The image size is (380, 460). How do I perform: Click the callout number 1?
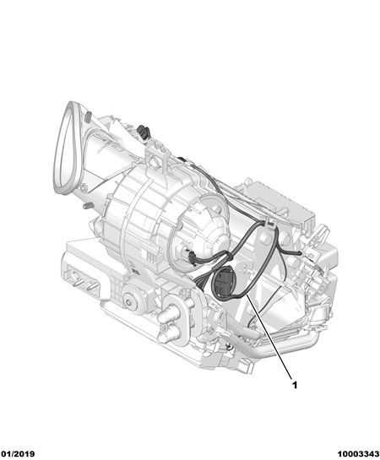point(295,385)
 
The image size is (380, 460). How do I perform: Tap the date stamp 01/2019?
point(18,454)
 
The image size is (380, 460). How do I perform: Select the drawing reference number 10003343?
point(358,454)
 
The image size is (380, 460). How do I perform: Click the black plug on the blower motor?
point(192,257)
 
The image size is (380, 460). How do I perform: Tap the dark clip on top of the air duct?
point(144,131)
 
